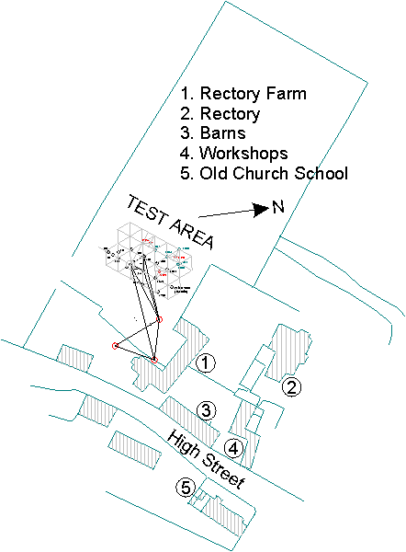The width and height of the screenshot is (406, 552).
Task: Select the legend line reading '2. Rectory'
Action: coord(220,114)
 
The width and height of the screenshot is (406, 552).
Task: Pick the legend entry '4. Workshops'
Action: coord(234,153)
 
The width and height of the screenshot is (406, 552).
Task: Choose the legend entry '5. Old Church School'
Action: coord(264,173)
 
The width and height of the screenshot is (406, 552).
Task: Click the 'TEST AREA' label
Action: coord(170,222)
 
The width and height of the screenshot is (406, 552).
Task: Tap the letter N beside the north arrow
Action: coord(276,208)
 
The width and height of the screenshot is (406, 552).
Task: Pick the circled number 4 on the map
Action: coord(234,448)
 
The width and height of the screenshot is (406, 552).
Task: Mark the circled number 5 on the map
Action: coord(186,488)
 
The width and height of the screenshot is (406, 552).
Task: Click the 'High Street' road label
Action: coord(207,461)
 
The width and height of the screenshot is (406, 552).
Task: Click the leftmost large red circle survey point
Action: coord(115,345)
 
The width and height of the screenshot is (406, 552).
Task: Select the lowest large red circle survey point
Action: coord(154,359)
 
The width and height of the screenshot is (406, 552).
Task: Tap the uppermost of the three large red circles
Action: coord(159,319)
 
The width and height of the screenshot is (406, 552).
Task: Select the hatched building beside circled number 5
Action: coord(225,515)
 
